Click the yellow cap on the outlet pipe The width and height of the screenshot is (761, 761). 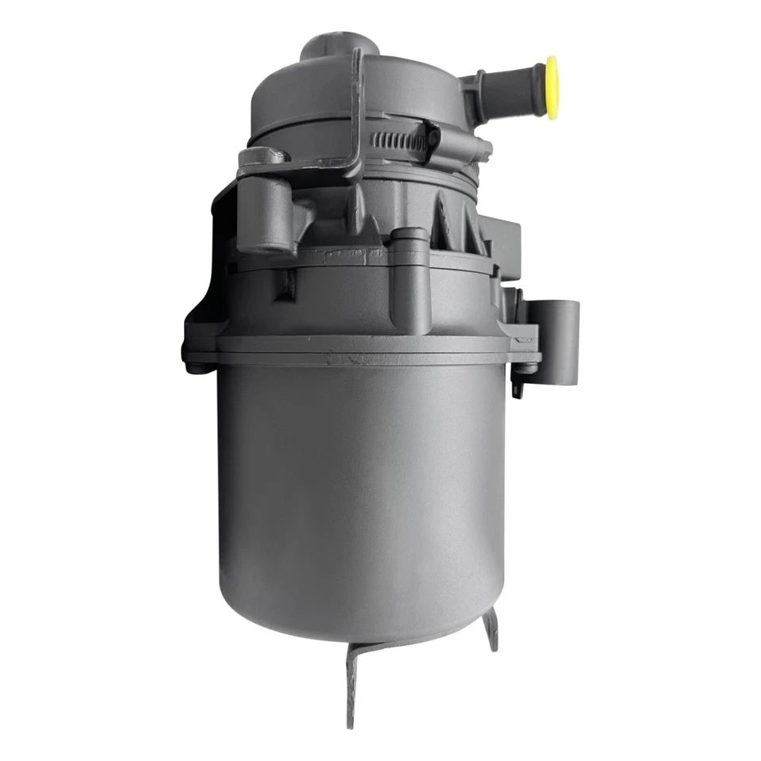[x=551, y=87]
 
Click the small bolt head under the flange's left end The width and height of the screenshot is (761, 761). [x=194, y=367]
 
